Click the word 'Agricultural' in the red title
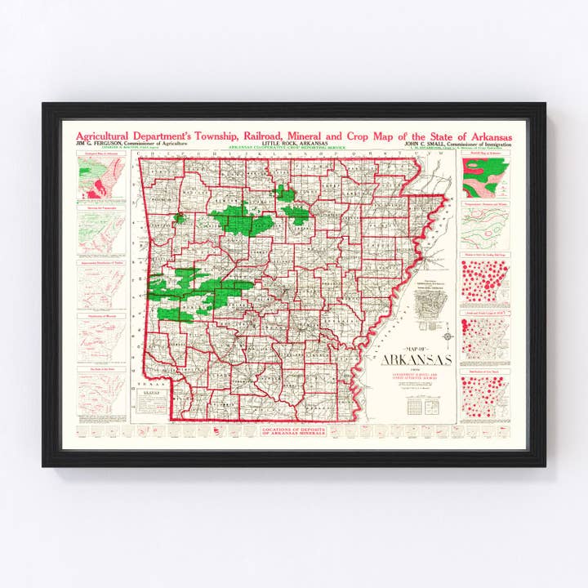tap(105, 135)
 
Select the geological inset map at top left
tap(101, 175)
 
